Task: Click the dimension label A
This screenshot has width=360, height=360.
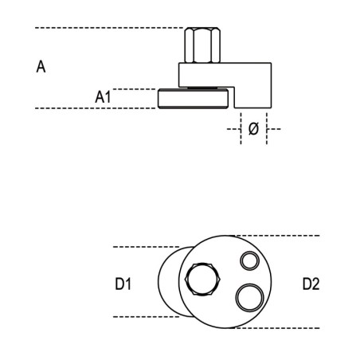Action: click(x=41, y=67)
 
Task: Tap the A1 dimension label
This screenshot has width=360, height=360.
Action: click(x=103, y=97)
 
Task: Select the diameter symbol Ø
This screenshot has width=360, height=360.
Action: click(x=253, y=129)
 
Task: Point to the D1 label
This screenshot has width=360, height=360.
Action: click(x=123, y=284)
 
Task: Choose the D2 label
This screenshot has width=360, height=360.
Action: click(x=311, y=284)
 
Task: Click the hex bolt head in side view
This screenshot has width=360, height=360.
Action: click(x=202, y=45)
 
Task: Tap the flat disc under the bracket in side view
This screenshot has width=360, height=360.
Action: click(x=193, y=99)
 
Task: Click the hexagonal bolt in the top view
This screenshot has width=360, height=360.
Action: click(x=202, y=280)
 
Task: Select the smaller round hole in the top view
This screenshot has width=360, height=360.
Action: click(x=249, y=260)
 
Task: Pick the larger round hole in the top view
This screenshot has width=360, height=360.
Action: click(x=250, y=298)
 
